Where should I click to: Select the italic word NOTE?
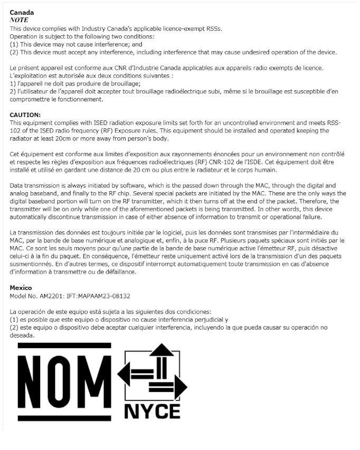20,20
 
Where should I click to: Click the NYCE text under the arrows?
153,410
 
